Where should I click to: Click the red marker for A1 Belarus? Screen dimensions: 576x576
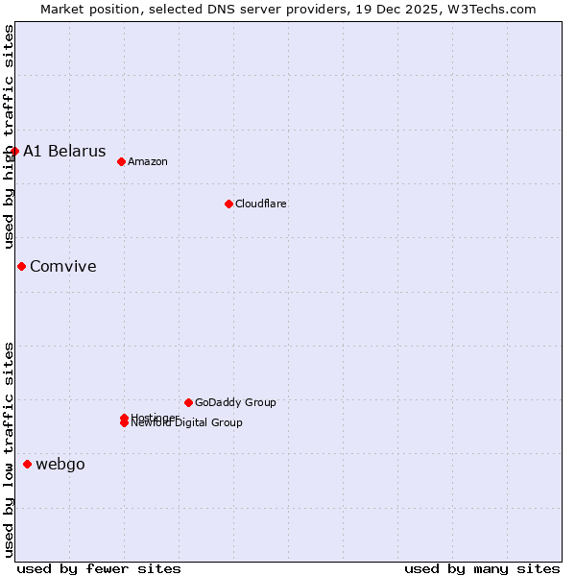14,151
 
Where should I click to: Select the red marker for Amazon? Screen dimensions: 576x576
121,161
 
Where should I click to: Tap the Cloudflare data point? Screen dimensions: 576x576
228,204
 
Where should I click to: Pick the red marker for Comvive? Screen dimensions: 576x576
21,266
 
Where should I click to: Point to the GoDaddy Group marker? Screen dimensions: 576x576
188,402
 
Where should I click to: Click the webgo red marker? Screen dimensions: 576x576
27,464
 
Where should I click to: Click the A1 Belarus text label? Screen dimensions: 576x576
64,151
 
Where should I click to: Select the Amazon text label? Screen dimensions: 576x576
147,161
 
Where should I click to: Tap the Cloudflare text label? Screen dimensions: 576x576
260,204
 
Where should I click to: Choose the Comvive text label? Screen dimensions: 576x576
63,266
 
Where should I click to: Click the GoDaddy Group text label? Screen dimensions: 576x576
235,402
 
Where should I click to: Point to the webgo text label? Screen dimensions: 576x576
60,465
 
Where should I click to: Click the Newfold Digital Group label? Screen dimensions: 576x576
188,423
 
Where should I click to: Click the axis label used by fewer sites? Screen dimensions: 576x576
99,568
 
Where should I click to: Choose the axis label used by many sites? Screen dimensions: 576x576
482,568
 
